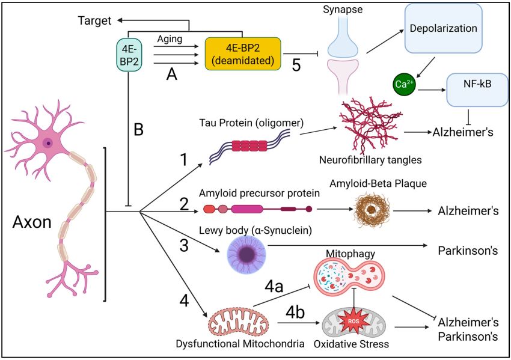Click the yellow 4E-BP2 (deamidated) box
point(243,53)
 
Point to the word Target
point(95,21)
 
